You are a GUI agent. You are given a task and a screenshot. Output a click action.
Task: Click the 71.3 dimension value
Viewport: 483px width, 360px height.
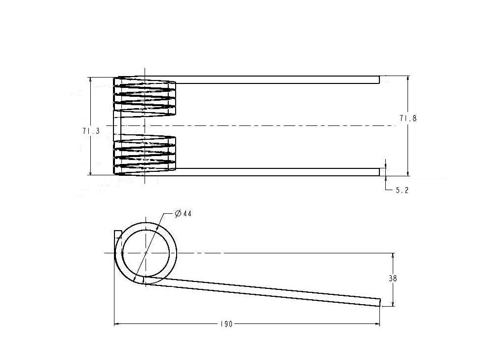pos(91,131)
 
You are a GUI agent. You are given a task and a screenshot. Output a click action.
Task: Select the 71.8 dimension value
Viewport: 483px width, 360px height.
pos(408,119)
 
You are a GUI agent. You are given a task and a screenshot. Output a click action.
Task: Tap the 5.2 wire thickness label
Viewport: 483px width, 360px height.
pos(402,190)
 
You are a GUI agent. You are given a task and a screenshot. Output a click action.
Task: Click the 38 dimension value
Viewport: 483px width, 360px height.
pos(393,279)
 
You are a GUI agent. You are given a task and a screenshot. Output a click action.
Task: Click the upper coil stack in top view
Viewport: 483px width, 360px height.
pos(145,96)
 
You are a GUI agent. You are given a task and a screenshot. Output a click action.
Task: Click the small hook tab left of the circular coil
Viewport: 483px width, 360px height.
pos(117,234)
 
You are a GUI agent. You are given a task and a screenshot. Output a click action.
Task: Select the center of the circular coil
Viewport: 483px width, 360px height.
pos(146,252)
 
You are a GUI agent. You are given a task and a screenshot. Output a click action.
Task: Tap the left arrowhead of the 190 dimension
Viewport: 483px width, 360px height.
pos(116,324)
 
